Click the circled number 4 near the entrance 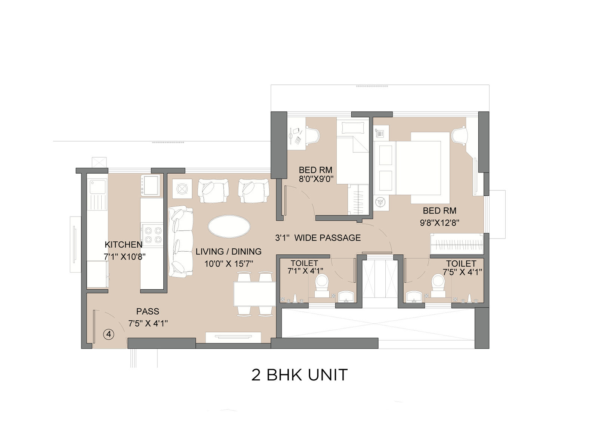point(109,334)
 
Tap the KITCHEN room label point(123,245)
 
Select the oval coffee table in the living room point(229,226)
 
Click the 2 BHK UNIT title point(299,375)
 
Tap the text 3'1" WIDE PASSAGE point(318,238)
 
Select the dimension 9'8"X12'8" point(439,223)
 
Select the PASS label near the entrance point(148,311)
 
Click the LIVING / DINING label point(228,251)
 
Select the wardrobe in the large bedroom point(457,244)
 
